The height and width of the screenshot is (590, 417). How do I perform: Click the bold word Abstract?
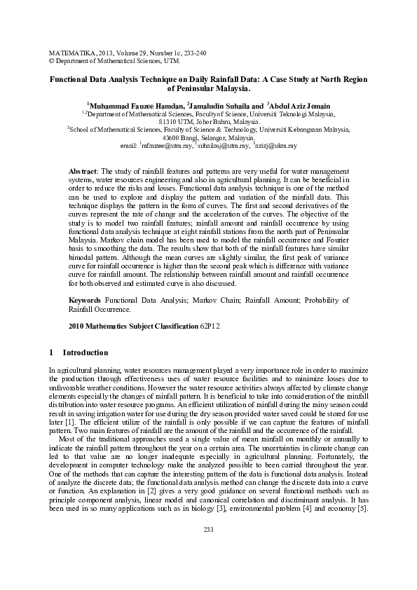83,172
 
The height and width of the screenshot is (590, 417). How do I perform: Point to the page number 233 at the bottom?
208,549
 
